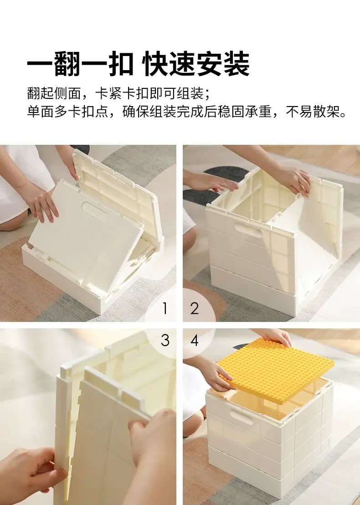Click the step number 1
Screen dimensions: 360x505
tap(165, 309)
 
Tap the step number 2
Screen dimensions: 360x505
tap(194, 309)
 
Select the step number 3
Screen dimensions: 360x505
tap(165, 340)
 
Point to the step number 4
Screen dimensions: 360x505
tap(194, 340)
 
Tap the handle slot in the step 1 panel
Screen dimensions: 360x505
tap(95, 211)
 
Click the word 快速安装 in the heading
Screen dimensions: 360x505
tap(196, 64)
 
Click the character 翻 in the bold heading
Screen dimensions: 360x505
tap(67, 64)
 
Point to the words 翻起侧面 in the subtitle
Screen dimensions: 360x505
tap(53, 93)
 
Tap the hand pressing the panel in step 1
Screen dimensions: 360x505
tap(41, 204)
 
